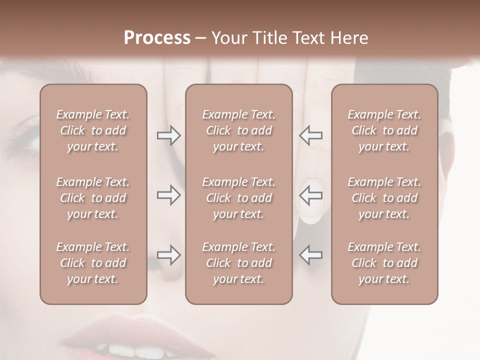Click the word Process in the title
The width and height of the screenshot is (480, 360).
pyautogui.click(x=157, y=38)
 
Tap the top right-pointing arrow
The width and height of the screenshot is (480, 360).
pyautogui.click(x=168, y=135)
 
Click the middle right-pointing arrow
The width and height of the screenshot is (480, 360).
pyautogui.click(x=168, y=195)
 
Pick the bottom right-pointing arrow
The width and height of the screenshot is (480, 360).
pyautogui.click(x=168, y=255)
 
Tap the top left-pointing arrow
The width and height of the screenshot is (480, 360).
pyautogui.click(x=310, y=135)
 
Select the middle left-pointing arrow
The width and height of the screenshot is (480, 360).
pyautogui.click(x=310, y=195)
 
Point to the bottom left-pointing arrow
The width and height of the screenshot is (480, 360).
pyautogui.click(x=310, y=255)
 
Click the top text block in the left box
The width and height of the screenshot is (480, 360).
pyautogui.click(x=93, y=130)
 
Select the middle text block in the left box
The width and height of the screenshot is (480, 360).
pyautogui.click(x=93, y=198)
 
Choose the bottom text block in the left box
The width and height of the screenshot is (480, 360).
pyautogui.click(x=93, y=263)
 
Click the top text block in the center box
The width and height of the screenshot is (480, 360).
pyautogui.click(x=238, y=130)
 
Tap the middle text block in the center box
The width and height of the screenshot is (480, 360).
pyautogui.click(x=238, y=198)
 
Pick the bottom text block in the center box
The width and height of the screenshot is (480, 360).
pyautogui.click(x=238, y=263)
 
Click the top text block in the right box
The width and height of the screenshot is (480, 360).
pyautogui.click(x=384, y=130)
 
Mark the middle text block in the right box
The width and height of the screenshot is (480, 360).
pyautogui.click(x=384, y=198)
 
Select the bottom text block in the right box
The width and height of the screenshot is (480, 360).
pyautogui.click(x=384, y=263)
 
